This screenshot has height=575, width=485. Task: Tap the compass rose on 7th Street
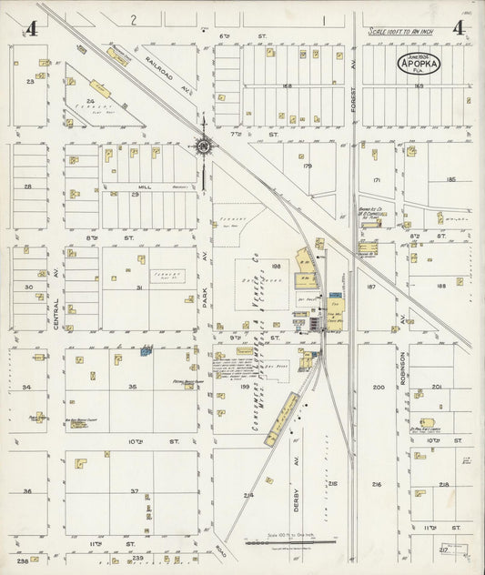204,144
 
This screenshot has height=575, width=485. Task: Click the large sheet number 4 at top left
32,28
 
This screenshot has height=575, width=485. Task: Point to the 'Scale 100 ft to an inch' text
409,32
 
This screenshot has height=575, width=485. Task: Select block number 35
132,387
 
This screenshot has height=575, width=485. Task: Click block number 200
378,387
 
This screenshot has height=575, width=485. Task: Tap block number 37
134,491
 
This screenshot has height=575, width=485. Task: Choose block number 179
307,166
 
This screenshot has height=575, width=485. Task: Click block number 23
30,82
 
